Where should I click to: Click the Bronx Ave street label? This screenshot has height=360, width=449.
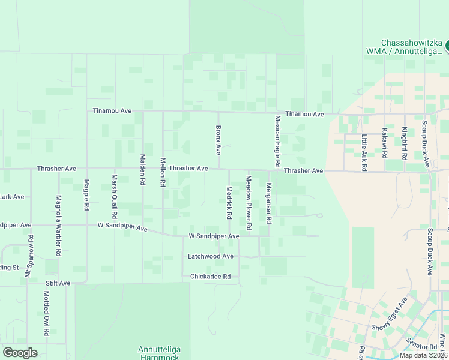pos(218,139)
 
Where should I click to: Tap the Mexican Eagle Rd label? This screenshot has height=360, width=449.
pos(278,141)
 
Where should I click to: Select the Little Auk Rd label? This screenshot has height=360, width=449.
pos(364,153)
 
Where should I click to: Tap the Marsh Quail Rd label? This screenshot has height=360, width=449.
pos(114,196)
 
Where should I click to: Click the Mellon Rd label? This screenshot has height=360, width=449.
pos(163,172)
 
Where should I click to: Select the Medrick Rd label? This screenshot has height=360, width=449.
pos(229,201)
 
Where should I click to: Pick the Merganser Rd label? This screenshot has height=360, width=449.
pos(269,203)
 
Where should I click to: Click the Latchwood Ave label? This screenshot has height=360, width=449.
pos(210,256)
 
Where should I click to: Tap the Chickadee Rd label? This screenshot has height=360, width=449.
pos(210,277)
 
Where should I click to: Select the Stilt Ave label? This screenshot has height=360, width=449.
pos(58,283)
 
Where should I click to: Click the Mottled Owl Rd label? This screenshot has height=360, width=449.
pos(46,313)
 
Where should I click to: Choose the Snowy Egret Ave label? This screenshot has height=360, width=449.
pos(390,314)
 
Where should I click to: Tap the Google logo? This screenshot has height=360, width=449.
pos(20,353)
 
